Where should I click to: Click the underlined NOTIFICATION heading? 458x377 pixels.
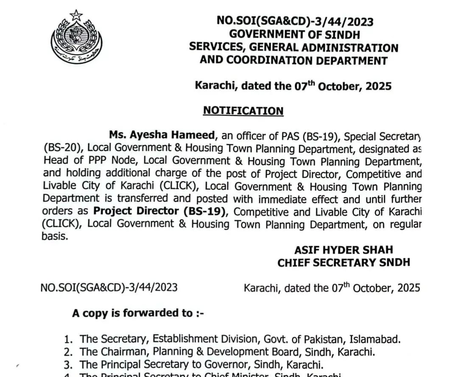(243, 111)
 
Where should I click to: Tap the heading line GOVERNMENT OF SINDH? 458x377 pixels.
(293, 34)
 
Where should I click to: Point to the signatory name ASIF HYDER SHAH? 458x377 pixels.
(343, 249)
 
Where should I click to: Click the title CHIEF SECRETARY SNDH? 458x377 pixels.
(343, 263)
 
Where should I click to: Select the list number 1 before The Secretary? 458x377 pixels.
(67, 339)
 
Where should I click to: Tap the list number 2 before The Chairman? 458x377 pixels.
(67, 352)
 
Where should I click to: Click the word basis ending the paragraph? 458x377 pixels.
(55, 237)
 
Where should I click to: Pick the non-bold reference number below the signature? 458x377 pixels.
(109, 288)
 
